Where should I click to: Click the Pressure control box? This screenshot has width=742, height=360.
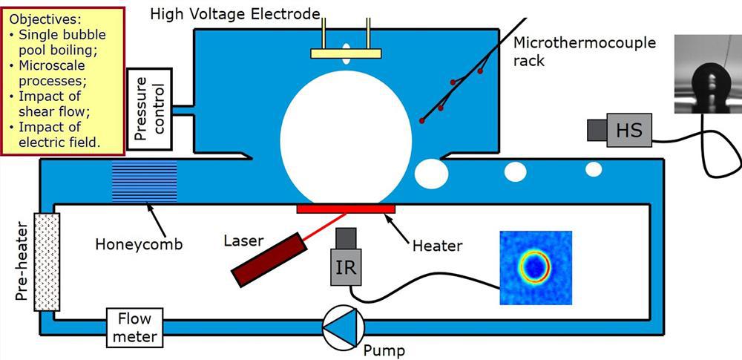[x=150, y=109]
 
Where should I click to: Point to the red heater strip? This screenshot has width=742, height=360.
[x=346, y=209]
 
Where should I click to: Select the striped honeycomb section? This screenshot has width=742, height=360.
[x=145, y=181]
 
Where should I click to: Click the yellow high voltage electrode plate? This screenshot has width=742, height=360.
[x=346, y=53]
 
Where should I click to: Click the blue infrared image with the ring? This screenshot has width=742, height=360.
[x=536, y=267]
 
